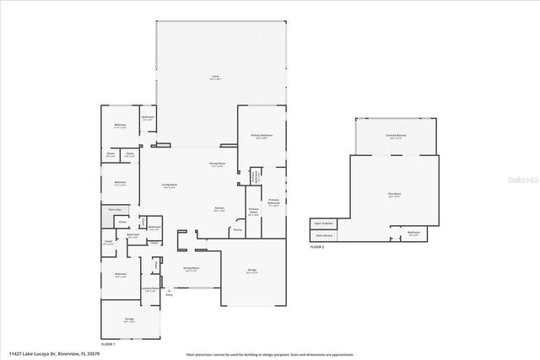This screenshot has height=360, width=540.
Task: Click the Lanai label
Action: [216, 78]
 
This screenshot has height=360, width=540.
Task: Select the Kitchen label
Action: [219, 210]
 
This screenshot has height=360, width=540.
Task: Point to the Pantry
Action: [237, 229]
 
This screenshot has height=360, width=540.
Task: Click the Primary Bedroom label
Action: [261, 137]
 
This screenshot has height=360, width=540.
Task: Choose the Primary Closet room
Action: [253, 212]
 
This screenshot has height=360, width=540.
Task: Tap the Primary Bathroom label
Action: [273, 202]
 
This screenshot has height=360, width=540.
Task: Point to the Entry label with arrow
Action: [169, 294]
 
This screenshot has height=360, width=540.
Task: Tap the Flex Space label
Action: [394, 194]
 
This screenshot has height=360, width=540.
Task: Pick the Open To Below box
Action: [323, 223]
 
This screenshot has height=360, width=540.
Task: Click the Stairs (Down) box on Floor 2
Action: [323, 235]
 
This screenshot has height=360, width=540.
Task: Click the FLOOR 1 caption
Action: [108, 344]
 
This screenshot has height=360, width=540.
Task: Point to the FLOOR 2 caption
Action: [316, 247]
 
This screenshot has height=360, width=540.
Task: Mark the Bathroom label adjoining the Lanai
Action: [148, 118]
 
